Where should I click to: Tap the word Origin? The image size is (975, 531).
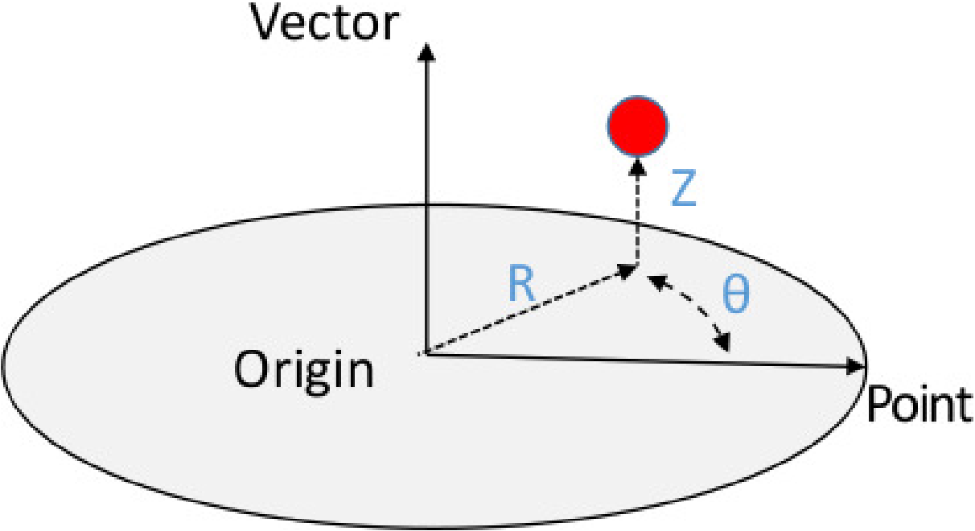click(x=304, y=371)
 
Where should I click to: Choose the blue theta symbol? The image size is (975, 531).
click(x=734, y=295)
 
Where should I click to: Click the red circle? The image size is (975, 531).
click(x=637, y=126)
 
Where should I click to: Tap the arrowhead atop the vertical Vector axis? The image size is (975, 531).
click(x=426, y=51)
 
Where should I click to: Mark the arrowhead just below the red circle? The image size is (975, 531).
click(x=637, y=167)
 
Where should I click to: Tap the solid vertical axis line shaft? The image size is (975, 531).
click(x=426, y=201)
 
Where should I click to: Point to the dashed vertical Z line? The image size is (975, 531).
click(x=637, y=217)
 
